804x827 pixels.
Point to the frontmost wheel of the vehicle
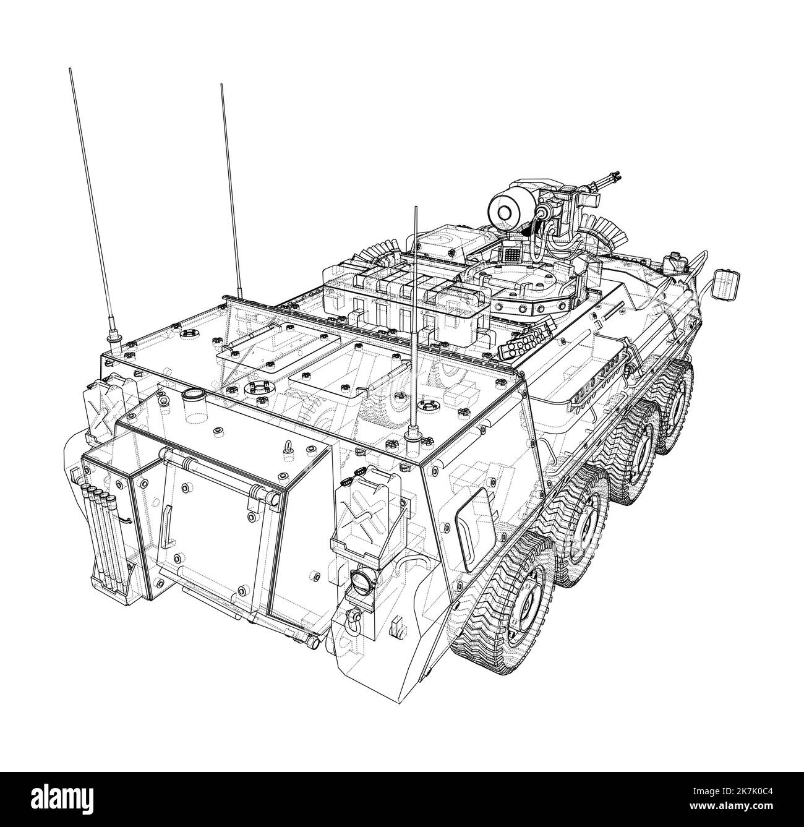point(678,402)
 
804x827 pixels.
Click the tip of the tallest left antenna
point(70,71)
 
